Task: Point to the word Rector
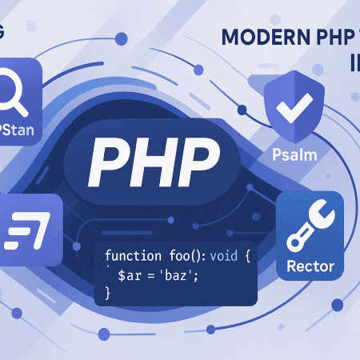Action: [308, 266]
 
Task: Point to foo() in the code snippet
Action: [186, 256]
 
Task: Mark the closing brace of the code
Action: [107, 293]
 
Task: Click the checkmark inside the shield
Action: [286, 110]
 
